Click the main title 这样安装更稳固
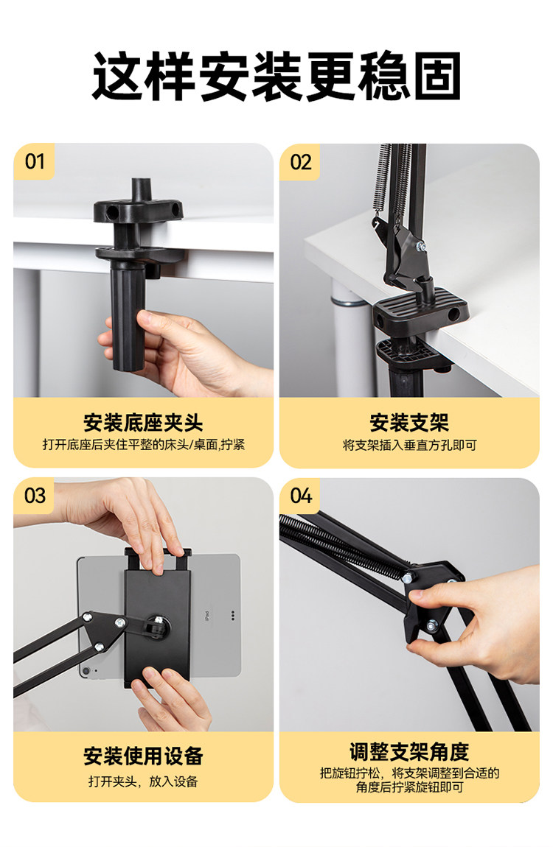pos(276,76)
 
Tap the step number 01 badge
pos(34,161)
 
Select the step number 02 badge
pos(301,162)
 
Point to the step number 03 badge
pos(35,496)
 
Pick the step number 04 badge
pos(301,496)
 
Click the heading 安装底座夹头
pos(143,423)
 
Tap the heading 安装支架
pos(409,423)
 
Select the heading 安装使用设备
pos(143,756)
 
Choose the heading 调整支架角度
pos(409,751)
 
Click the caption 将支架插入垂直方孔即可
pos(409,445)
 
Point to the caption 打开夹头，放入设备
pos(143,781)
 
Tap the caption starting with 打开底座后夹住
pos(143,445)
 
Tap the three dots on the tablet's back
pos(233,615)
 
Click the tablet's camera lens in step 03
pos(84,672)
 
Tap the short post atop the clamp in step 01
pos(141,189)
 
